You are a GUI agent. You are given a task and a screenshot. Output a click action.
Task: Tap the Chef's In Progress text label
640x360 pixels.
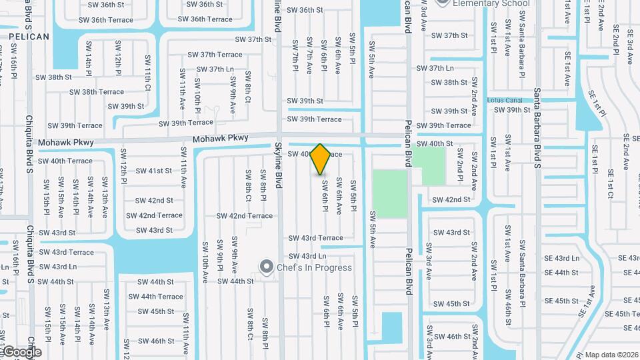(x=307, y=268)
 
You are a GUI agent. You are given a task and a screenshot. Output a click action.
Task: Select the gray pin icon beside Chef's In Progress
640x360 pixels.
(x=267, y=267)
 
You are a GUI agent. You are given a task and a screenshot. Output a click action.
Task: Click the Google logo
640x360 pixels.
(x=21, y=351)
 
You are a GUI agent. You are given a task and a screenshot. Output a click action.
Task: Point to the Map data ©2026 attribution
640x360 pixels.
(x=611, y=355)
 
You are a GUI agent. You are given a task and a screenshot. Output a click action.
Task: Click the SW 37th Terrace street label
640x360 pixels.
(x=215, y=55)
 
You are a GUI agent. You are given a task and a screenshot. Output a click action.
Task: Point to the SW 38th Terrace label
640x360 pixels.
(x=97, y=92)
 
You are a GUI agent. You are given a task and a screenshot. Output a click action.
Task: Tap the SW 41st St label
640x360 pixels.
(x=151, y=171)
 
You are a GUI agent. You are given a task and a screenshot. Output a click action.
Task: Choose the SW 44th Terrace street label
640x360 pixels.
(x=155, y=297)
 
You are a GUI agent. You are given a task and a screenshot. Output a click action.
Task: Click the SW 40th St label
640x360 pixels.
(x=435, y=144)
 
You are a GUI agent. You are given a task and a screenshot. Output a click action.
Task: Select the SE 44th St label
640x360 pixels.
(x=561, y=273)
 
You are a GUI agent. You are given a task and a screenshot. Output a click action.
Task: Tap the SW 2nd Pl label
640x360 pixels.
(x=460, y=170)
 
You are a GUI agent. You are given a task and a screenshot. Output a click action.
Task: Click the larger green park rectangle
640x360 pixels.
(x=389, y=193)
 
